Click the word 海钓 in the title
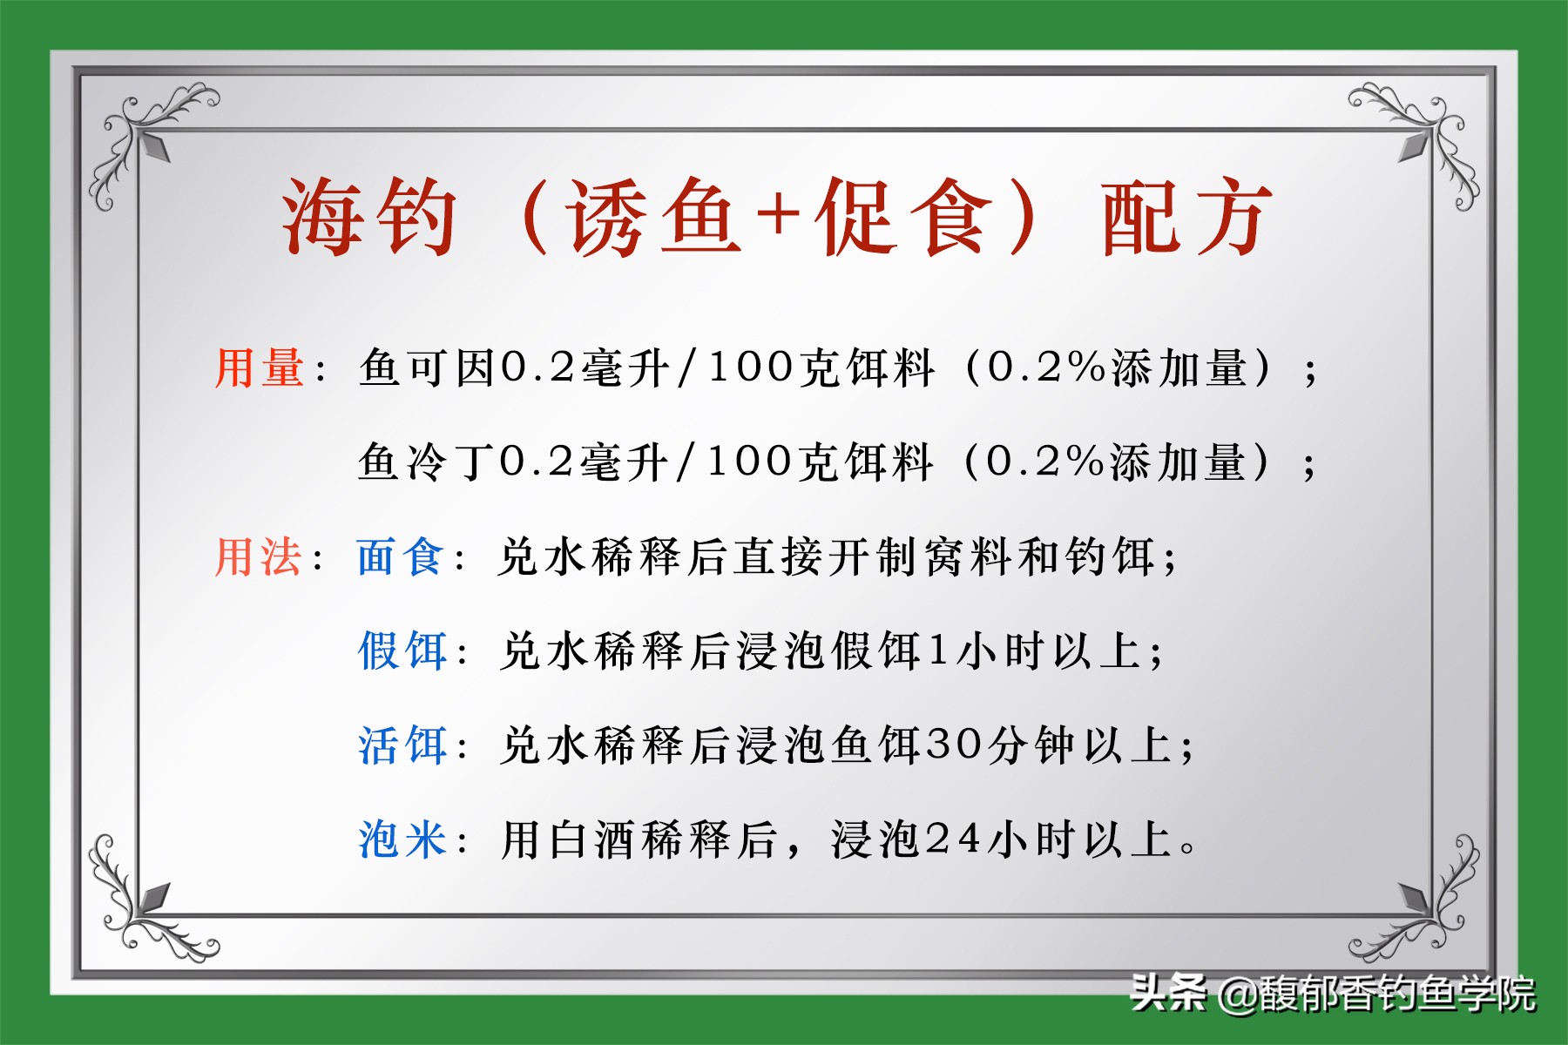[368, 218]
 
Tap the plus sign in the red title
[778, 214]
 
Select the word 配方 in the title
[1186, 218]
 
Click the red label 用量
[260, 367]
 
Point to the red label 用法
[259, 557]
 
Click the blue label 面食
[401, 557]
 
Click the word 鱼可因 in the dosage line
[427, 367]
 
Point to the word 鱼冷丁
[427, 462]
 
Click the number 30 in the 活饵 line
[953, 745]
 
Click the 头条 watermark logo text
[1167, 993]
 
